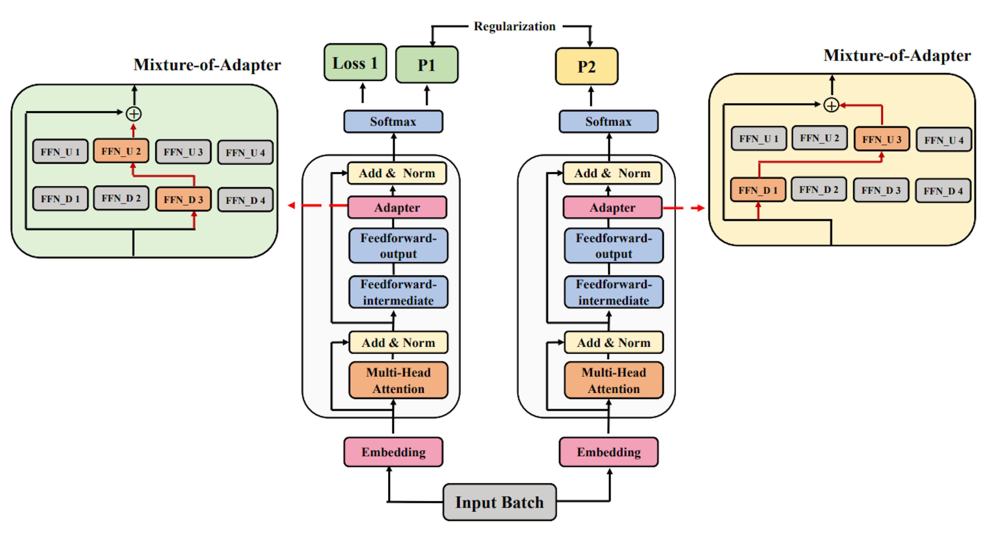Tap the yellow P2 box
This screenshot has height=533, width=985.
point(586,66)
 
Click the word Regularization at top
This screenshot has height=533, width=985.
point(514,26)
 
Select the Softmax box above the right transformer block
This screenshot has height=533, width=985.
point(608,121)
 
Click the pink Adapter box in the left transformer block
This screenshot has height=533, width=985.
point(397,208)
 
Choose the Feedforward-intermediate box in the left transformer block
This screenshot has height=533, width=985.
point(398,292)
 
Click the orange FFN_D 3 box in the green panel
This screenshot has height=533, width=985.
point(183,199)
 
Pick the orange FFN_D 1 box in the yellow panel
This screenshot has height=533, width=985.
point(758,190)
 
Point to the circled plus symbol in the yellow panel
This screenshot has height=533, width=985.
point(831,105)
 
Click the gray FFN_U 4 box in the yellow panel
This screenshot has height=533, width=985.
point(943,140)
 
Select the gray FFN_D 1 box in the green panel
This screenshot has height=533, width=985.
point(60,199)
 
